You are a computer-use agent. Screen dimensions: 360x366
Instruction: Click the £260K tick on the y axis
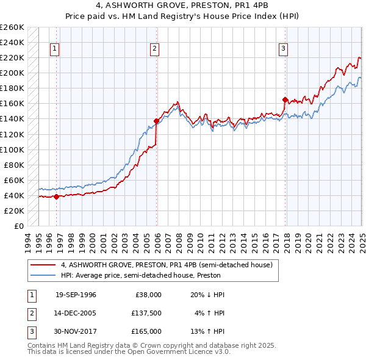coord(12,27)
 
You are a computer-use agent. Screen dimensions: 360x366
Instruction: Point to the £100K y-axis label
coord(12,149)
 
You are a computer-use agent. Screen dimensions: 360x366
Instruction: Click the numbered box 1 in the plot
coord(55,49)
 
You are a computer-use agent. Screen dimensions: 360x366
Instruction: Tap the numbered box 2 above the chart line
coord(155,49)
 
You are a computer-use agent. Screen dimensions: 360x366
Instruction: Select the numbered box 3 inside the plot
coord(284,49)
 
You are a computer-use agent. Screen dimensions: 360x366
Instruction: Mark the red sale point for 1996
coord(56,196)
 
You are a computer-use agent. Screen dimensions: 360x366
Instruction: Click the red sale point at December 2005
coord(156,121)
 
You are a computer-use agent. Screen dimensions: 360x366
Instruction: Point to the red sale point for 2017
coord(285,99)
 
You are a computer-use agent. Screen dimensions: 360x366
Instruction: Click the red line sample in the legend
coord(43,265)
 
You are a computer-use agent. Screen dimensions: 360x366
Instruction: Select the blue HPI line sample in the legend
coord(43,275)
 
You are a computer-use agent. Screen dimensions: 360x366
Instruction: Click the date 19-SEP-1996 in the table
coord(76,295)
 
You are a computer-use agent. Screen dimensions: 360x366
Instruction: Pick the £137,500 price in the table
coord(146,313)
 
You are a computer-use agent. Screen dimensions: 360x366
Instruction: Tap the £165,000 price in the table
coord(146,331)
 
